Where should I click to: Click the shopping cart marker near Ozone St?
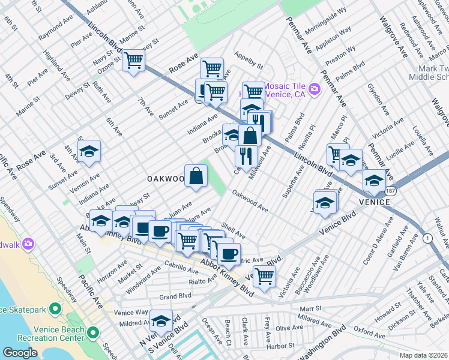click(x=133, y=60)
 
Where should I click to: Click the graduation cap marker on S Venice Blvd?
click(x=160, y=321)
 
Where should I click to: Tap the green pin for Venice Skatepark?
click(x=55, y=310)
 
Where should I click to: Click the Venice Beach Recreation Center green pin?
click(x=92, y=332)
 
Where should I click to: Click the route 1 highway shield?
click(x=427, y=238)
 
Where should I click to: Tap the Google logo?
click(x=20, y=353)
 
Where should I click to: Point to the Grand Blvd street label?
click(x=175, y=296)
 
